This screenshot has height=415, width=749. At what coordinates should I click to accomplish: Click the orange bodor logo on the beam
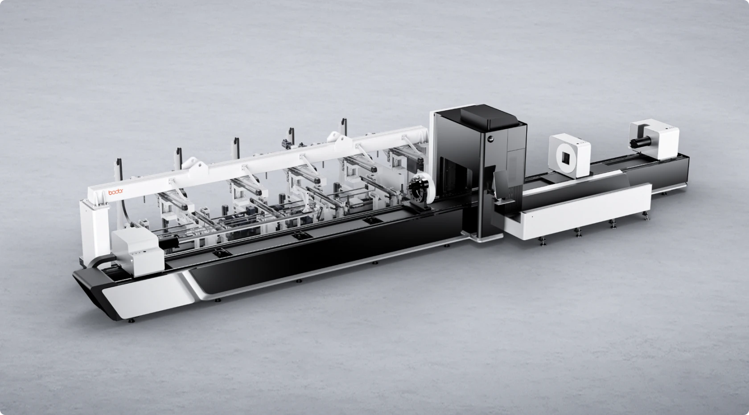click(116, 192)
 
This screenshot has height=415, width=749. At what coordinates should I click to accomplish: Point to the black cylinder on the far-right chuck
click(639, 142)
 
